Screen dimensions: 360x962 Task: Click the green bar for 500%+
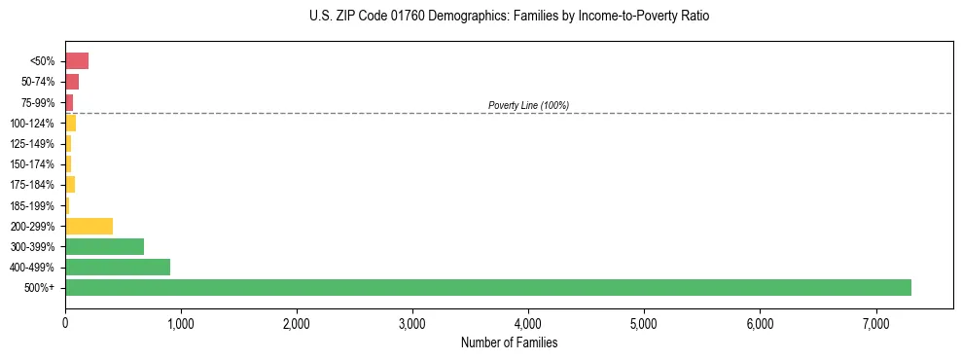coord(487,288)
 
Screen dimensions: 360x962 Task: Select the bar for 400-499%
coord(118,267)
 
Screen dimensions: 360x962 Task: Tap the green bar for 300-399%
coord(104,246)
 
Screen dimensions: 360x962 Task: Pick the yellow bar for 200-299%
coord(89,226)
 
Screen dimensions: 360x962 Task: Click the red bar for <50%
coord(77,61)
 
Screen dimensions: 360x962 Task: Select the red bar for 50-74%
coord(72,82)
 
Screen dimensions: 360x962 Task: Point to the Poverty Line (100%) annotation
coord(528,105)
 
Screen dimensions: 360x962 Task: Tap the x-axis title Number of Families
coord(509,342)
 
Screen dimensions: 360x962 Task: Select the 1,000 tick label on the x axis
coord(181,323)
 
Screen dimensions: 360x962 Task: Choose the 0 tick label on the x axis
coord(65,323)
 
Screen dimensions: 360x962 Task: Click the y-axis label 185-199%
coord(33,205)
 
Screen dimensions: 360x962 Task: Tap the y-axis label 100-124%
coord(33,124)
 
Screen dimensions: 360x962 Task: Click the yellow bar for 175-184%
coord(70,185)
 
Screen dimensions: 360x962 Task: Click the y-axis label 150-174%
coord(33,164)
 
